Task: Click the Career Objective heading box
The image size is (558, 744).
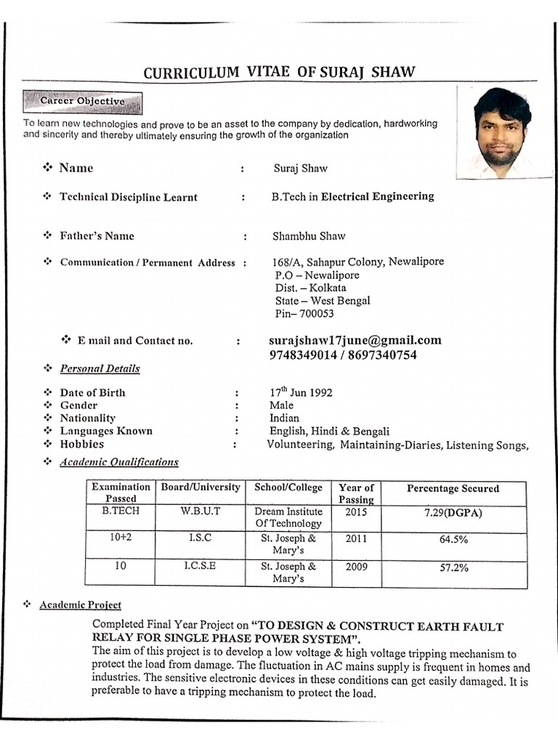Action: pyautogui.click(x=82, y=102)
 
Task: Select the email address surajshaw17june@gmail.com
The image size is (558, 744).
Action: pyautogui.click(x=355, y=340)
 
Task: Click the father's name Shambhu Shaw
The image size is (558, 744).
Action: pyautogui.click(x=309, y=235)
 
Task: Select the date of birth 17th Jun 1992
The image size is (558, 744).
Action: pyautogui.click(x=301, y=392)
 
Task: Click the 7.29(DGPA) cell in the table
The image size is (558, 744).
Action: pyautogui.click(x=453, y=513)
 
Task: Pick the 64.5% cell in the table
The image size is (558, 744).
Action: pyautogui.click(x=453, y=540)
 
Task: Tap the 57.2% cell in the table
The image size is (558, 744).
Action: pyautogui.click(x=453, y=567)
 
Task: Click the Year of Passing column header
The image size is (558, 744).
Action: pyautogui.click(x=356, y=493)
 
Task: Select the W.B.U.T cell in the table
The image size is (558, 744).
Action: pyautogui.click(x=200, y=511)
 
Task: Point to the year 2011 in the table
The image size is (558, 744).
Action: pyautogui.click(x=356, y=539)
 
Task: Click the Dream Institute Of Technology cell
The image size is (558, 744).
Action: pyautogui.click(x=288, y=517)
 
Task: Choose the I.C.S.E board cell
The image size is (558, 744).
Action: pyautogui.click(x=200, y=566)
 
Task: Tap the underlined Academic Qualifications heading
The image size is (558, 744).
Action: pyautogui.click(x=119, y=461)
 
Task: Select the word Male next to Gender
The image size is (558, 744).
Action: pyautogui.click(x=281, y=405)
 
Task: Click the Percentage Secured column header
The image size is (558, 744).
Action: pyautogui.click(x=453, y=488)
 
